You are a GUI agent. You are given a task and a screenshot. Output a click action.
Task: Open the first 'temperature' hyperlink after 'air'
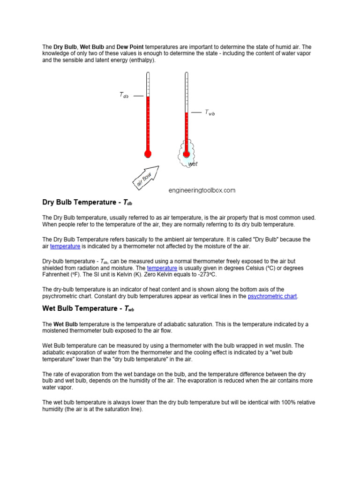click(65, 246)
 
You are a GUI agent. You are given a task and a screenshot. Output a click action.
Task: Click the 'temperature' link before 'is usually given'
click(162, 268)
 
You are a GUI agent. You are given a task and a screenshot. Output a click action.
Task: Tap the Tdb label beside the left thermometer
click(124, 96)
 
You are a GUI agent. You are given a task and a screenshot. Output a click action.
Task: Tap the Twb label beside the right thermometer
click(210, 112)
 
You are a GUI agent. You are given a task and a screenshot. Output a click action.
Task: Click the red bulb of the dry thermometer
click(148, 153)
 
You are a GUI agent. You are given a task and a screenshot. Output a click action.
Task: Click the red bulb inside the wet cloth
click(186, 153)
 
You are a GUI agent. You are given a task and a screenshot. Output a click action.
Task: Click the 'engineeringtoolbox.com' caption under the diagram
click(202, 190)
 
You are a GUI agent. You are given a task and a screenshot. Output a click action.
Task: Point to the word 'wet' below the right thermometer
click(193, 164)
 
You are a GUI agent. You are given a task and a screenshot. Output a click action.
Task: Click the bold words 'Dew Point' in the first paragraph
click(130, 47)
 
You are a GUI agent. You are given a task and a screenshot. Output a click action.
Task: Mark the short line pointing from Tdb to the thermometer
click(138, 96)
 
